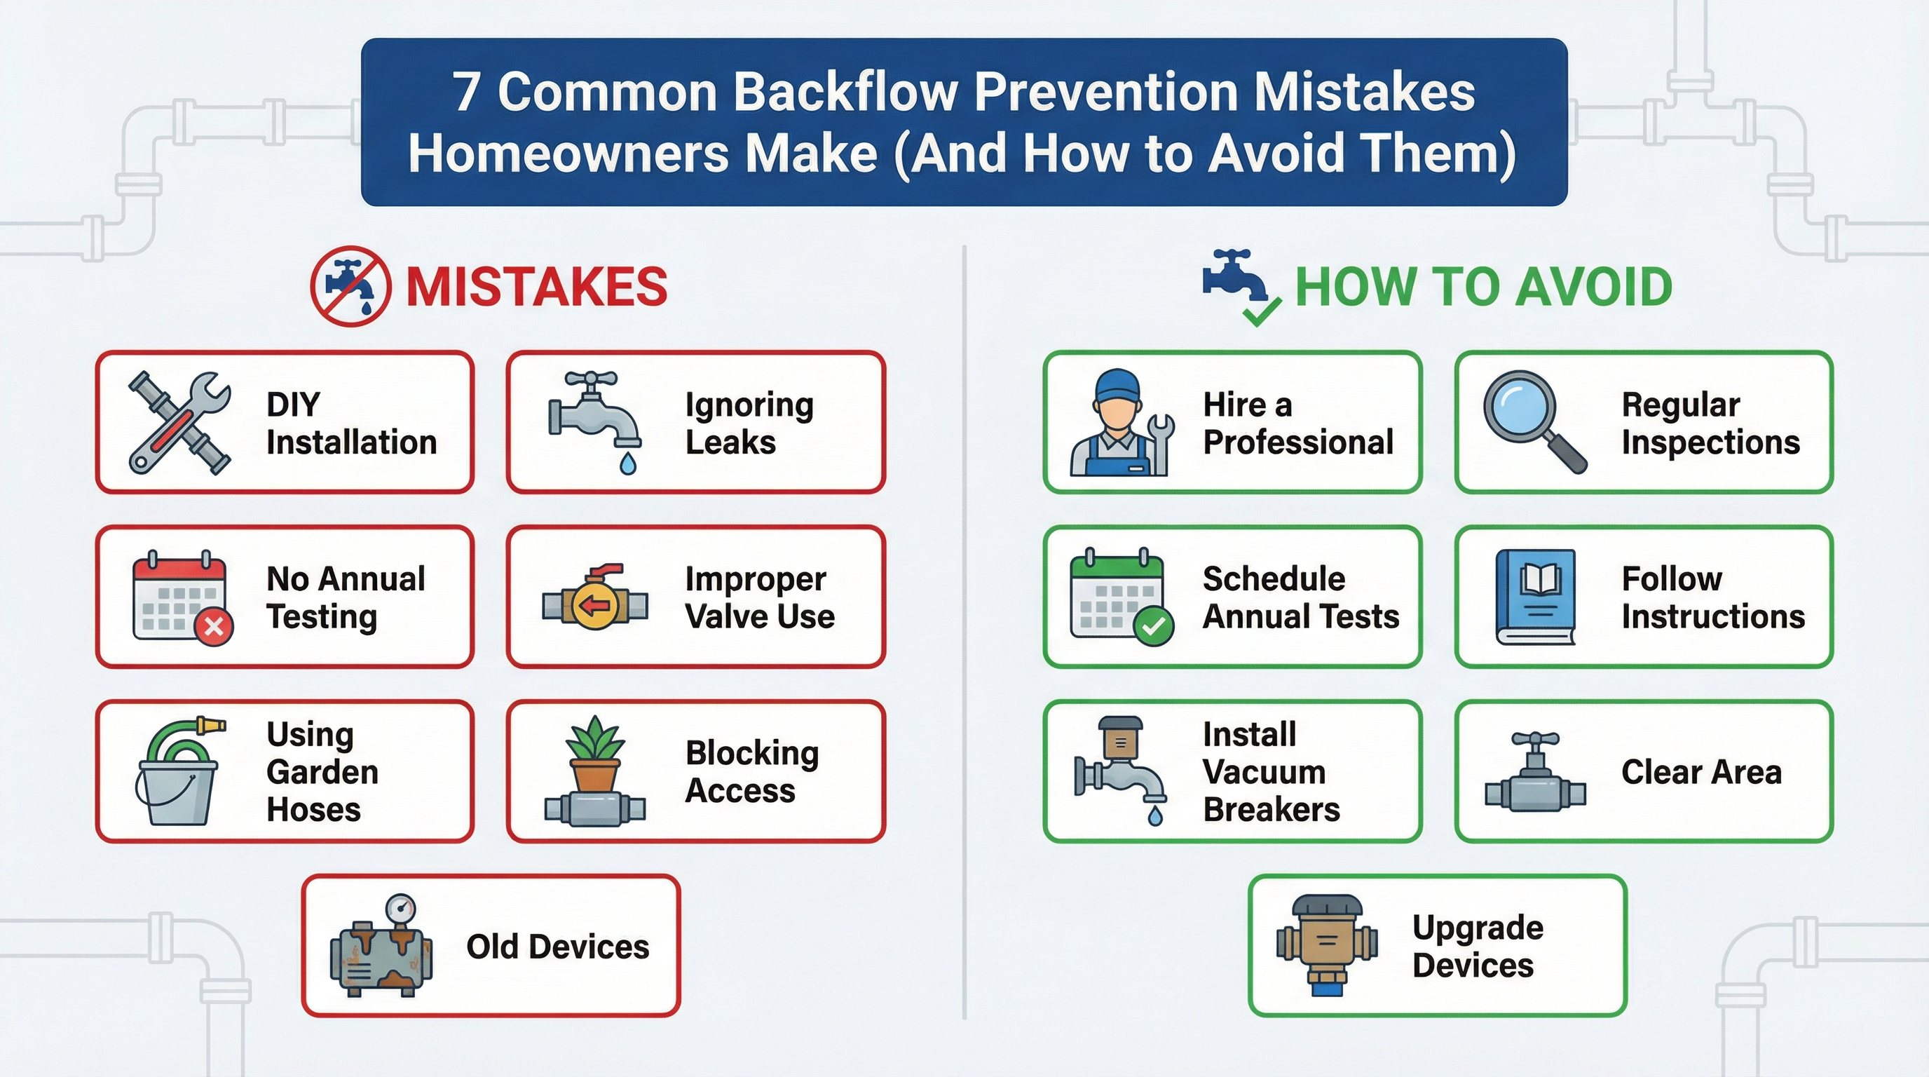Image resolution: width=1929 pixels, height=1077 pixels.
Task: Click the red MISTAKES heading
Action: pyautogui.click(x=536, y=287)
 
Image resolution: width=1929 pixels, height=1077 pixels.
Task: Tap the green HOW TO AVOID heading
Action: pyautogui.click(x=1482, y=287)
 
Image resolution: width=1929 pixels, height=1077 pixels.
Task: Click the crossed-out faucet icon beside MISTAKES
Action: pyautogui.click(x=350, y=287)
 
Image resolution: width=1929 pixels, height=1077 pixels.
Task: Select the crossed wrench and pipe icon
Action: pyautogui.click(x=179, y=424)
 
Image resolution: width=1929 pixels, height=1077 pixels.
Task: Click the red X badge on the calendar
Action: pyautogui.click(x=214, y=626)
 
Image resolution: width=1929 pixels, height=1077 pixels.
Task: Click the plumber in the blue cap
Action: pyautogui.click(x=1116, y=424)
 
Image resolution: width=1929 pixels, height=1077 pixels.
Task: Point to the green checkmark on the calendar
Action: pyautogui.click(x=1153, y=626)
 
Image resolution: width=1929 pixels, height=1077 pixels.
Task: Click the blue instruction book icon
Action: pyautogui.click(x=1535, y=597)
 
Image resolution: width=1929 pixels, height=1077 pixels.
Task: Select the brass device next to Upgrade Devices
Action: pyautogui.click(x=1327, y=945)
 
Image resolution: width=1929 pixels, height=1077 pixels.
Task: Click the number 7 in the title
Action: pyautogui.click(x=465, y=93)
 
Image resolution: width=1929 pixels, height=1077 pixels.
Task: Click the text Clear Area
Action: pyautogui.click(x=1701, y=772)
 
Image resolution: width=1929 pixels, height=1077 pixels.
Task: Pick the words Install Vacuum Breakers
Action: pyautogui.click(x=1271, y=772)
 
